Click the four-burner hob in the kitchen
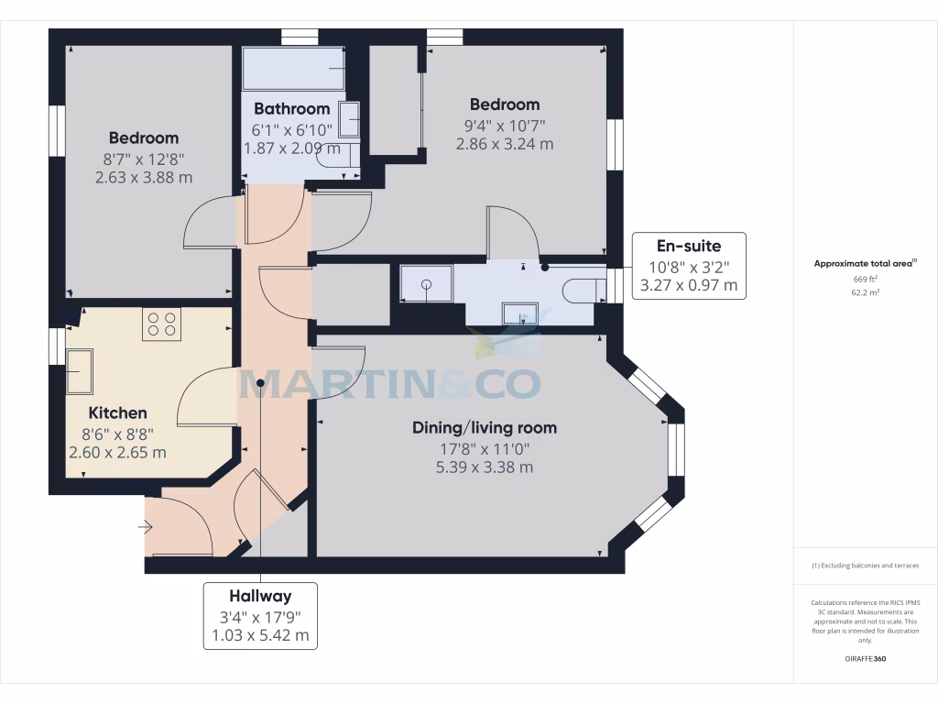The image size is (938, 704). click(161, 324)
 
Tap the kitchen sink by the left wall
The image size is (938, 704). click(72, 370)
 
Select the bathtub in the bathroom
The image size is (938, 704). click(292, 69)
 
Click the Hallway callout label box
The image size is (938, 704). click(260, 615)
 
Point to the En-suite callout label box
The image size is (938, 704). click(689, 266)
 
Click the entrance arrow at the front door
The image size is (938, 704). click(145, 527)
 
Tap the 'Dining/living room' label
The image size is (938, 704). click(484, 428)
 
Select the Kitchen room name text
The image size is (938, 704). click(117, 413)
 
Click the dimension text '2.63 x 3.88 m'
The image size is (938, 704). click(144, 177)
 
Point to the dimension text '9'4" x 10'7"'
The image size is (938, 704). click(505, 125)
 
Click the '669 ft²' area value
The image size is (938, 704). click(865, 278)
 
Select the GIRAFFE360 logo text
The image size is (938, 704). click(865, 659)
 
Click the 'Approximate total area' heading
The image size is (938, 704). click(865, 263)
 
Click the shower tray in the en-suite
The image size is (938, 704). click(426, 283)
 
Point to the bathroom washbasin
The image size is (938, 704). click(349, 119)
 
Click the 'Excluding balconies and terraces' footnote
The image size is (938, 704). click(865, 566)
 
